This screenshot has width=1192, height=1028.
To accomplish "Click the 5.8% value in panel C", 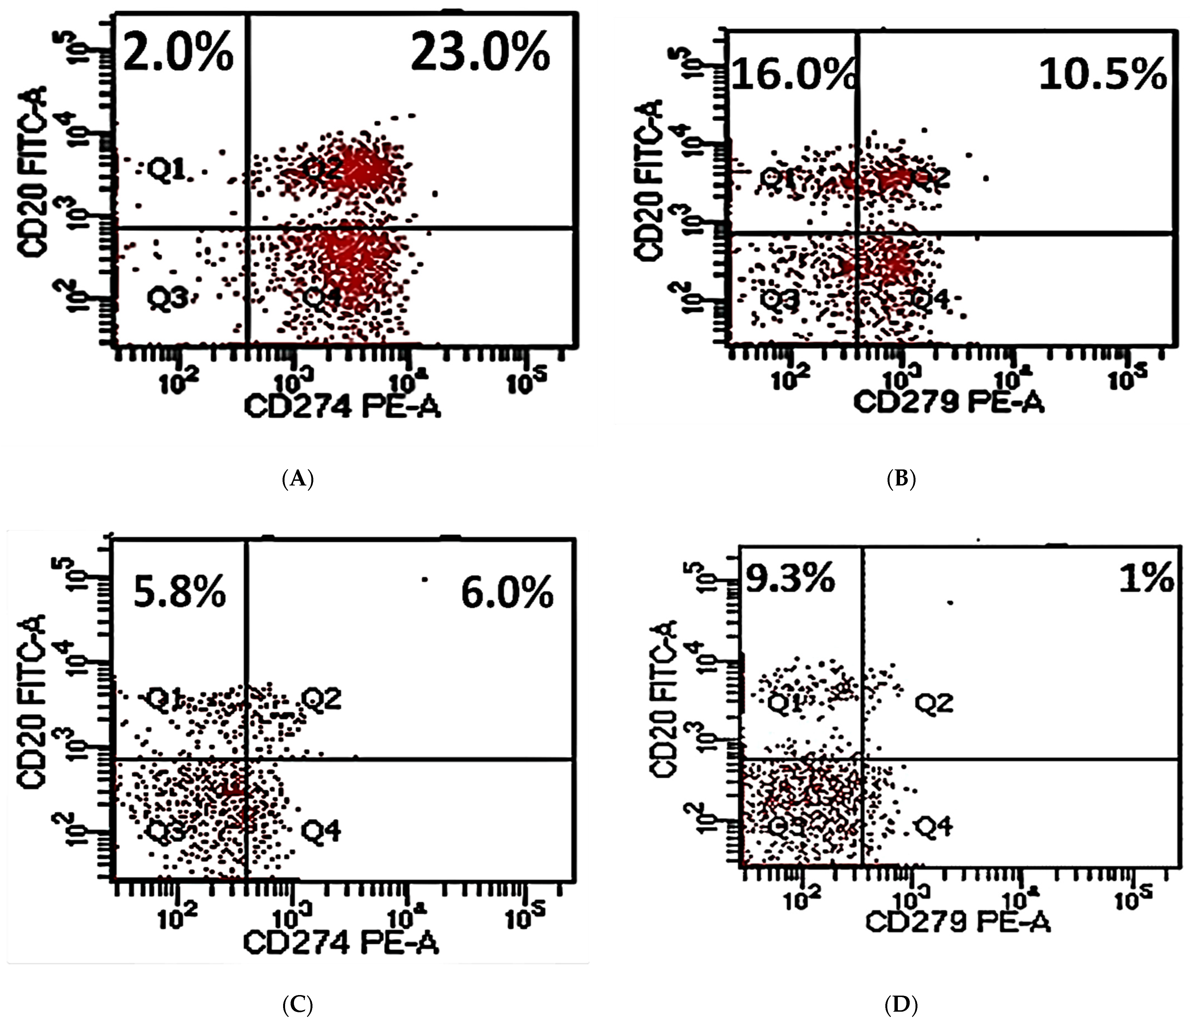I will pyautogui.click(x=180, y=593).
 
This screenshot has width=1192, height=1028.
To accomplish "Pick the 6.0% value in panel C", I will pyautogui.click(x=507, y=593).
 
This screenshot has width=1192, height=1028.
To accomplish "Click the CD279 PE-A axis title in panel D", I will pyautogui.click(x=958, y=923).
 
